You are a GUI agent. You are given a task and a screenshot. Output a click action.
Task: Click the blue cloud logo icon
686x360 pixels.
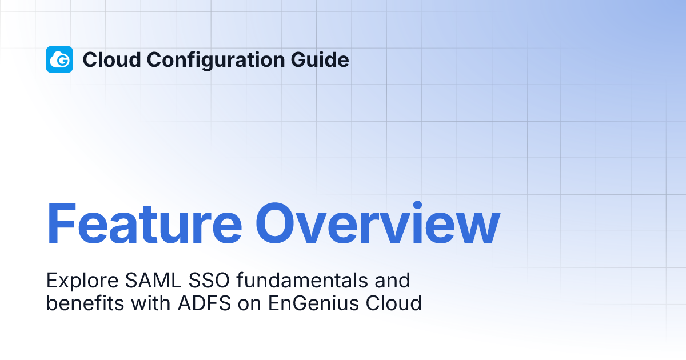[x=59, y=59]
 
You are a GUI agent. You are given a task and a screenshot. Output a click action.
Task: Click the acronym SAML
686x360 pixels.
[x=143, y=281]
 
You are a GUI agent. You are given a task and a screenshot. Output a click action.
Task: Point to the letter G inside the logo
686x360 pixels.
[x=63, y=61]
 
